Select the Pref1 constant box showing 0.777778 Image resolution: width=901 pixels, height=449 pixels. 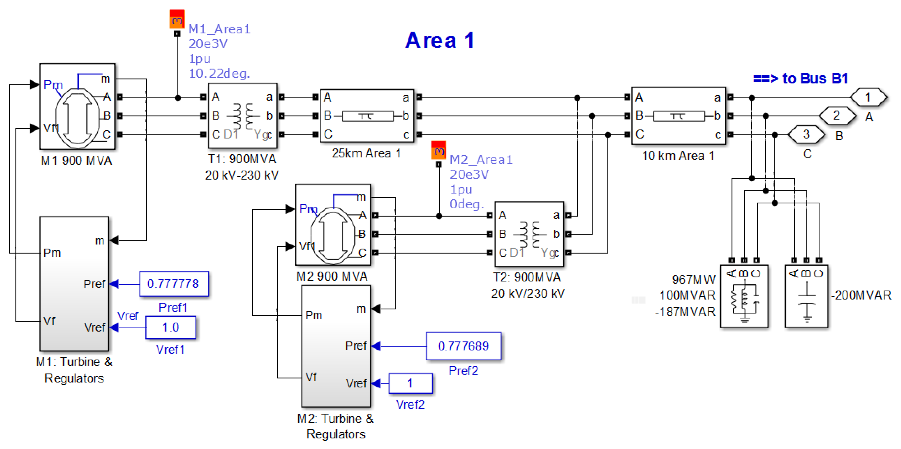coord(173,284)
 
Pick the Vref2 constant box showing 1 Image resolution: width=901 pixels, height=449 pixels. coord(410,383)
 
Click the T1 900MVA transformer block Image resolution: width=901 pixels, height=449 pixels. coord(242,116)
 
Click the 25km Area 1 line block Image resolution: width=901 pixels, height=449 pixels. coord(367,116)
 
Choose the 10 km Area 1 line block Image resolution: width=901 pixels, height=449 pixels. coord(678,116)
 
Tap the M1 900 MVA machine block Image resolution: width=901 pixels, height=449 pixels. coord(77,107)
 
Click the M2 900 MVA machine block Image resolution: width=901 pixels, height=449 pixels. coord(333,225)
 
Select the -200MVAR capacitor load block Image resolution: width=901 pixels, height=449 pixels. coord(806,296)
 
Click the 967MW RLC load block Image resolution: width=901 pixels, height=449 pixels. coord(744,296)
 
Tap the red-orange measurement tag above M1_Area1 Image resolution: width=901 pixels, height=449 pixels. coord(177,19)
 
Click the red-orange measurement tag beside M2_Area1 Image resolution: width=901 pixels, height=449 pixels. coord(439,150)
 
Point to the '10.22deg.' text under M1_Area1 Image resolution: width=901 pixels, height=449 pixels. coord(219,73)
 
